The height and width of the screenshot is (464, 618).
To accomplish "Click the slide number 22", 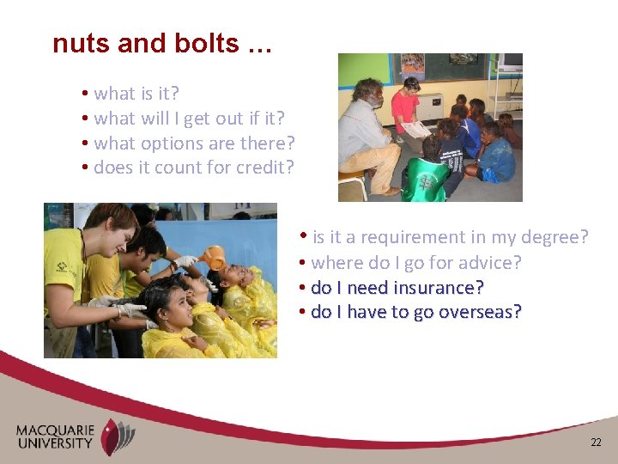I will (596, 442).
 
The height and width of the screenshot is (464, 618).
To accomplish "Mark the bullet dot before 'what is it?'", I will (86, 93).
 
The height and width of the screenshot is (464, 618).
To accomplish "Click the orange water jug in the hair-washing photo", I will (214, 257).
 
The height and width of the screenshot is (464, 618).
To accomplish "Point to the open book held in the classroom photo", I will (416, 129).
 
